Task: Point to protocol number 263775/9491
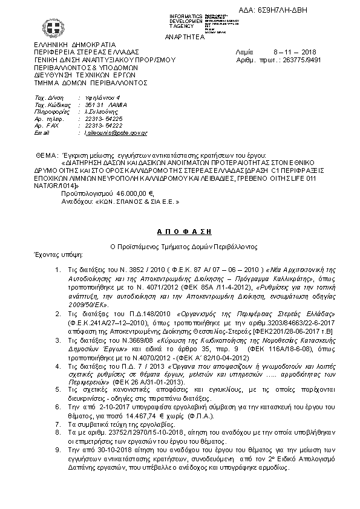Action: [x=301, y=60]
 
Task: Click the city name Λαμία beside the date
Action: [x=243, y=53]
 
